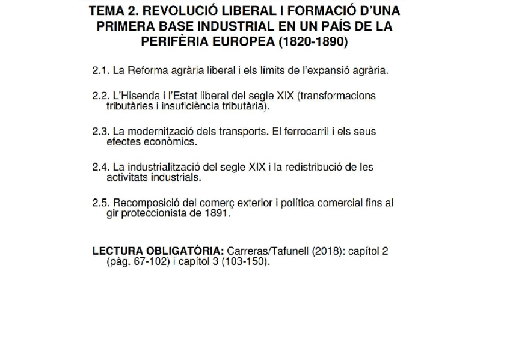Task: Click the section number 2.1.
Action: click(100, 70)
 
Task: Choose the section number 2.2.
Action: click(100, 96)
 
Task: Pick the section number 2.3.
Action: click(100, 132)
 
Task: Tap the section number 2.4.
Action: click(100, 167)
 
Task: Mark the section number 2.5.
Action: click(100, 203)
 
